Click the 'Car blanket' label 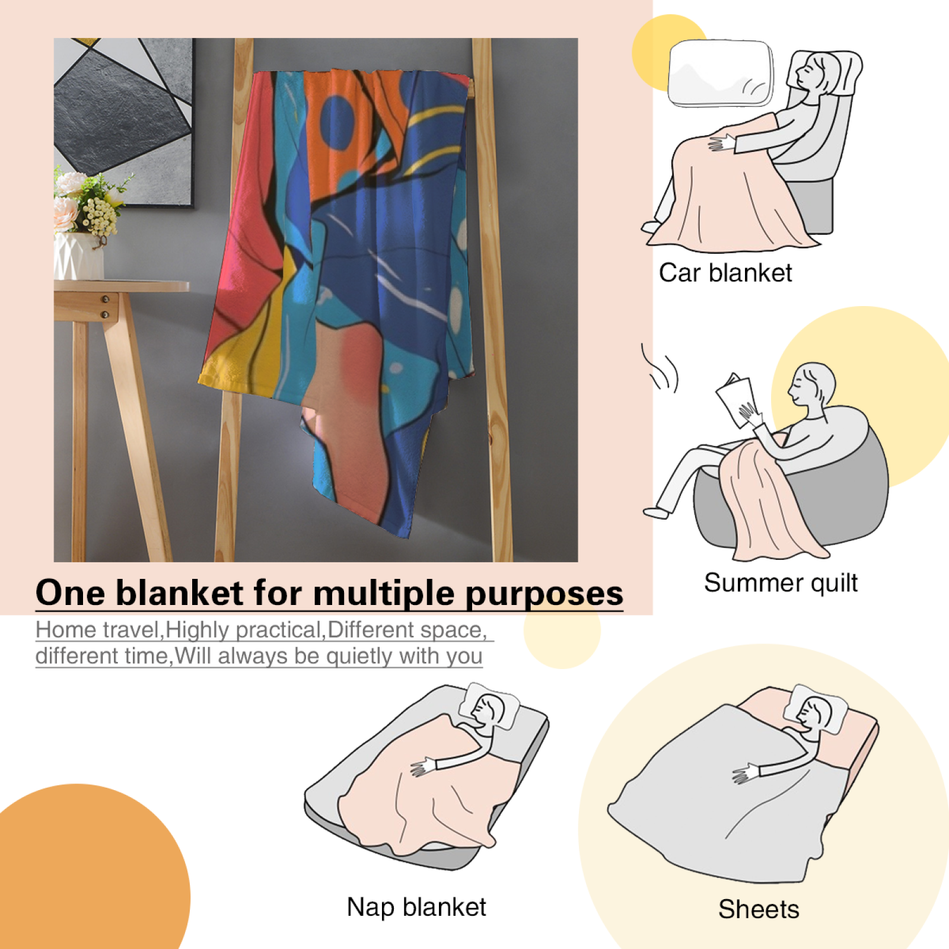(x=725, y=273)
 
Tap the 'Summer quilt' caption (x=781, y=583)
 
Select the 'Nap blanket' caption (x=416, y=907)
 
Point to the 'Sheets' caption (x=759, y=909)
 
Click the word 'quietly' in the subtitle (x=359, y=657)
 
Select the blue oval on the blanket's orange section (x=337, y=123)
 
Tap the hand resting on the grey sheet (x=746, y=773)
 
